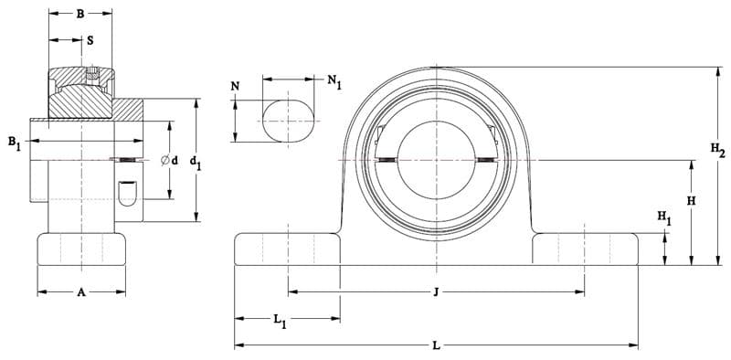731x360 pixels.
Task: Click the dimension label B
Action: (80, 14)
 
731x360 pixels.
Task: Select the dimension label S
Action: (90, 40)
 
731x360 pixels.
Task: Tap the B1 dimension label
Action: (15, 143)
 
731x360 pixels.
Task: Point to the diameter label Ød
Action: (169, 161)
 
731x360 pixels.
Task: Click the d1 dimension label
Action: (196, 163)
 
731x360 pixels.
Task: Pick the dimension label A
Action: (81, 292)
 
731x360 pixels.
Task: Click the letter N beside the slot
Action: (236, 86)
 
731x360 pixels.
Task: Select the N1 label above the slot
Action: (334, 81)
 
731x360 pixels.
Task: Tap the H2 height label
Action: (717, 150)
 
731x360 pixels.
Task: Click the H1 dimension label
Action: (664, 217)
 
